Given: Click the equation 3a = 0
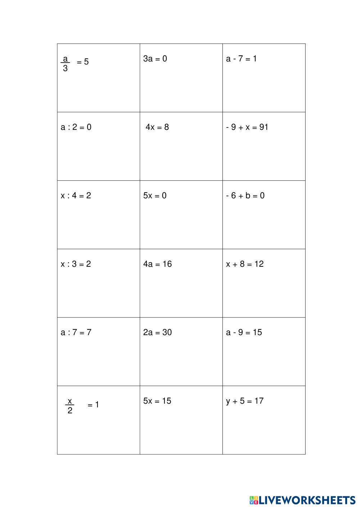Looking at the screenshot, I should click(x=155, y=59).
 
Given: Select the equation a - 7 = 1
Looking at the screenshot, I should click(x=241, y=59).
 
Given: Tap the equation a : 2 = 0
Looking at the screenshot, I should click(x=76, y=127).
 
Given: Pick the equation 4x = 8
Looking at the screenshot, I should click(x=157, y=127).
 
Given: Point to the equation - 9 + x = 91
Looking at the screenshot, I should click(x=247, y=127).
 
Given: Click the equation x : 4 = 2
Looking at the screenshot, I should click(x=76, y=195).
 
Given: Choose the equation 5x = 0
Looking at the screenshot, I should click(x=155, y=195).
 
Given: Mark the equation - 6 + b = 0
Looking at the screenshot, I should click(x=245, y=195).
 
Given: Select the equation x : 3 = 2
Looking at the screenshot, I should click(x=76, y=264).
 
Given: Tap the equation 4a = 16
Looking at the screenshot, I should click(x=157, y=264).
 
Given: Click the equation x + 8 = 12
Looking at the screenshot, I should click(x=245, y=264).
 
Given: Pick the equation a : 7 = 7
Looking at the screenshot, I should click(x=76, y=332).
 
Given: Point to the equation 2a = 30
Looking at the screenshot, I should click(x=157, y=332).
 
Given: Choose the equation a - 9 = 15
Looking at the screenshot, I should click(x=244, y=332).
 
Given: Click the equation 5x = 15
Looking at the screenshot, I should click(x=157, y=401).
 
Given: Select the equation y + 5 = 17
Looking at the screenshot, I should click(x=245, y=401).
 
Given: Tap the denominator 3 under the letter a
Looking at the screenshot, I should click(x=65, y=68).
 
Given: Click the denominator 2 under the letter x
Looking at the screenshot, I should click(x=70, y=411).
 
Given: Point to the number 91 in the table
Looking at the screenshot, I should click(x=264, y=127).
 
